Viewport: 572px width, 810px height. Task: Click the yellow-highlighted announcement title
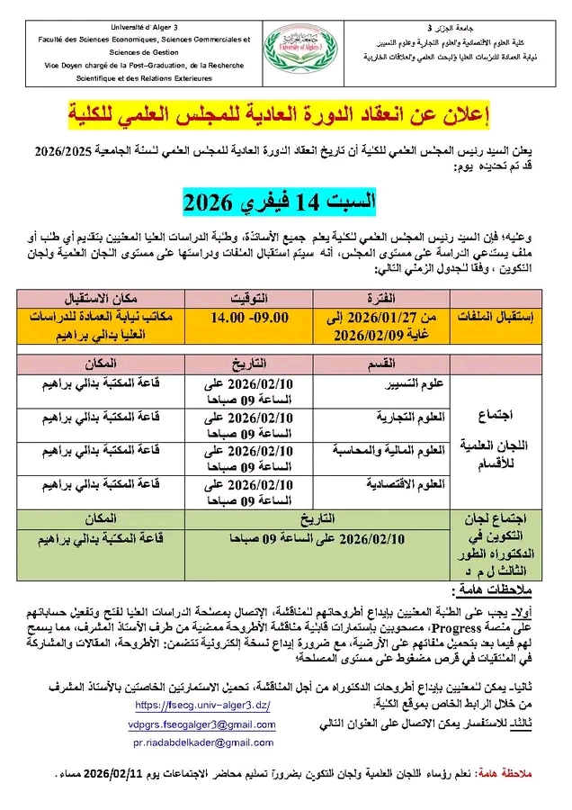[287, 115]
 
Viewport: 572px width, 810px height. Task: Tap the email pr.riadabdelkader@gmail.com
[203, 742]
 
